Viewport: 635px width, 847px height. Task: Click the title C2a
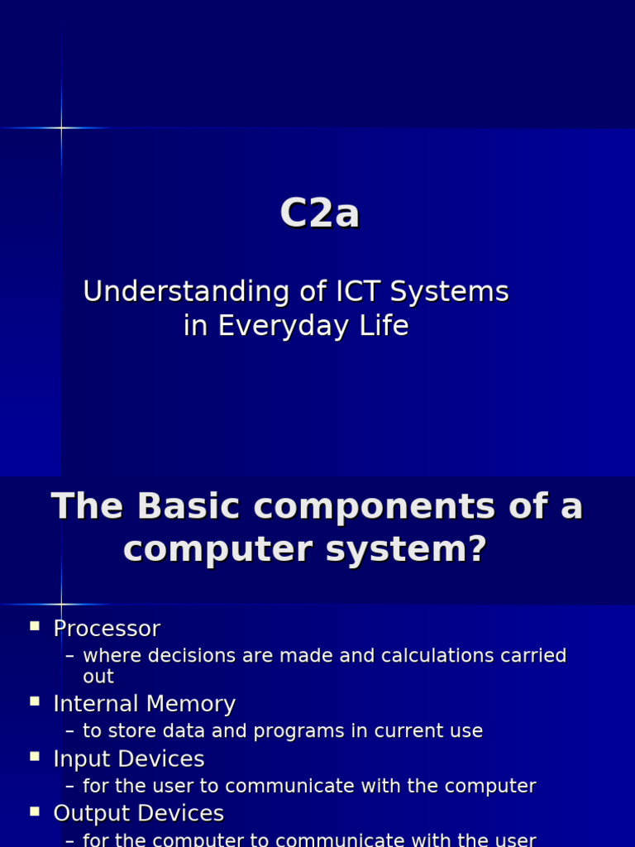[x=319, y=214]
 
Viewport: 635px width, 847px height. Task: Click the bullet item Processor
[x=107, y=629]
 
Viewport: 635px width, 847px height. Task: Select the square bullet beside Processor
[x=35, y=626]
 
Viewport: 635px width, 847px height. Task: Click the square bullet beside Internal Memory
[x=35, y=701]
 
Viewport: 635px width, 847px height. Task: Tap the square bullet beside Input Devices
[x=35, y=756]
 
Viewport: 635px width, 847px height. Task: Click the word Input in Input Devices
[x=81, y=759]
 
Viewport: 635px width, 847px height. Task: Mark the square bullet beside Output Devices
[x=35, y=811]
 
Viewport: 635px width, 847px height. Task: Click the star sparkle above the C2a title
[x=61, y=127]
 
